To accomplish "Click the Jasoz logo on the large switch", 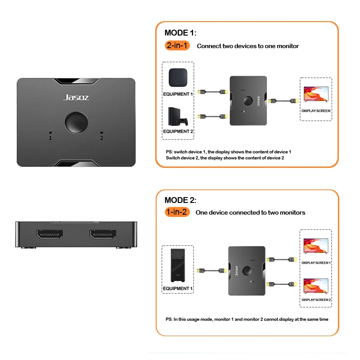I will pos(76,97).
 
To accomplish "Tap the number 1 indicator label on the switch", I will pos(50,138).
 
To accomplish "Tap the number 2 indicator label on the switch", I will pos(102,138).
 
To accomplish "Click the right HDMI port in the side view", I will pos(103,234).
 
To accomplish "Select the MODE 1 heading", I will pos(180,33).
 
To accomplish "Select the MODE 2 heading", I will pos(180,200).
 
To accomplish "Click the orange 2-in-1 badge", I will pos(178,45).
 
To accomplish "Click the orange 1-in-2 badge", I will pos(177,212).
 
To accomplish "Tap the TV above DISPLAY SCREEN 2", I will pos(316,287).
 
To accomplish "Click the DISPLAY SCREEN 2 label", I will pos(316,300).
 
